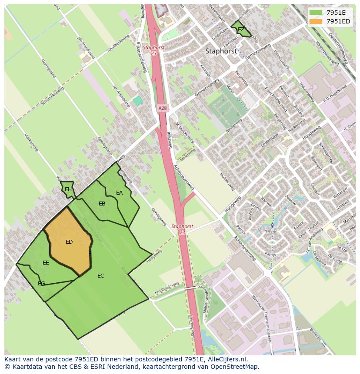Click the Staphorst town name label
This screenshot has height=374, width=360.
click(221, 51)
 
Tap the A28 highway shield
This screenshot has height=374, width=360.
click(162, 108)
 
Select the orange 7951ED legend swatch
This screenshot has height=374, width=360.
click(316, 21)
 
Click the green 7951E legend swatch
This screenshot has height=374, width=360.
click(316, 13)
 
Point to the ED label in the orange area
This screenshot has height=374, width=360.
click(69, 242)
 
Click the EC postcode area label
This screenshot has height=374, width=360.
click(101, 276)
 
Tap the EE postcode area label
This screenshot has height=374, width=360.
click(46, 263)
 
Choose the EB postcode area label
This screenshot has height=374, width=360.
click(102, 204)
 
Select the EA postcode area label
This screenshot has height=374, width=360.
click(120, 193)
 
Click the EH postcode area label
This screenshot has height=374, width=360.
click(68, 189)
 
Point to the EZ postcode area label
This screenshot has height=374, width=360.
click(241, 30)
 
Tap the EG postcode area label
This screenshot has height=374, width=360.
click(41, 284)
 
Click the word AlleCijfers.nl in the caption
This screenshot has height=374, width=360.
click(226, 359)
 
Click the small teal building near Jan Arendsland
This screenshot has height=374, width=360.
click(138, 101)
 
